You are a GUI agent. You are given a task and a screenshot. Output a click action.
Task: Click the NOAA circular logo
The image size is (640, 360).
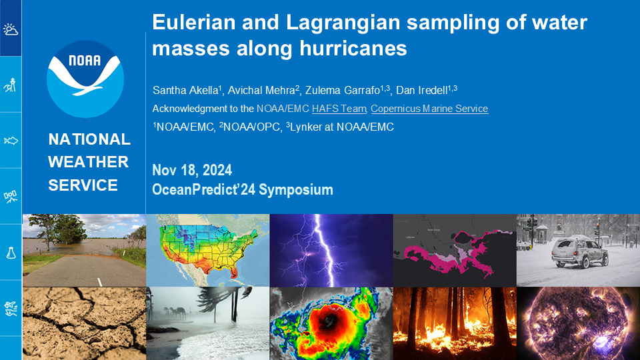[85, 79]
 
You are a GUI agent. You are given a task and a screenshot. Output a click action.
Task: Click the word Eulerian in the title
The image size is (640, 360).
[193, 22]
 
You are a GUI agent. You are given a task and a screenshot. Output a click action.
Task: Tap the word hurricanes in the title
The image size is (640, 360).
[353, 48]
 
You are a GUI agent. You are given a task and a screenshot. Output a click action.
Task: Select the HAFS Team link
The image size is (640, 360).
[339, 109]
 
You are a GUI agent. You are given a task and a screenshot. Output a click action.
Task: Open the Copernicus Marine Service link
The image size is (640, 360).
[429, 109]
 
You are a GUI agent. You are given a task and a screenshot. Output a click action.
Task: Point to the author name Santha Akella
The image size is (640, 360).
[187, 90]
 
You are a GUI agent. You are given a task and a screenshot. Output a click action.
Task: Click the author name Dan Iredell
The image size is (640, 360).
[426, 90]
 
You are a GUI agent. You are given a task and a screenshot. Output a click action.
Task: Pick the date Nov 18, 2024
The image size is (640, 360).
[192, 170]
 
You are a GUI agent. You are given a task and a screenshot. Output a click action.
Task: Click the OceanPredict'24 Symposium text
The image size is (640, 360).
[243, 190]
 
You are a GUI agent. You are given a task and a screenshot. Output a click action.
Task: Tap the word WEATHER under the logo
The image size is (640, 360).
[88, 162]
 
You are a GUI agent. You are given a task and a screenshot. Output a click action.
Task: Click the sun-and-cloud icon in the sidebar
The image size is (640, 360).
[11, 29]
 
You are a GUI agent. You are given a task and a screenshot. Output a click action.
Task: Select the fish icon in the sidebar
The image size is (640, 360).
[11, 141]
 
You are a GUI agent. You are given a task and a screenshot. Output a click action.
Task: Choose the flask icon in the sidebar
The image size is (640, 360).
[11, 253]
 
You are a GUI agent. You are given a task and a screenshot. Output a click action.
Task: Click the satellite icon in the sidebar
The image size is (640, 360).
[11, 197]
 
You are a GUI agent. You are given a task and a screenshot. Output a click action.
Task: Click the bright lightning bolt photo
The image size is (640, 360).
[331, 250]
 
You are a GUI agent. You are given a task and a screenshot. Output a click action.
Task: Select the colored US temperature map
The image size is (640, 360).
[208, 250]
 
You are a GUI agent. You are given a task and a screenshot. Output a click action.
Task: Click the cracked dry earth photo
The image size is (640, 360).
[84, 323]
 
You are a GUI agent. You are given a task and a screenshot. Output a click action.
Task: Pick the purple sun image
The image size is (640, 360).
[578, 323]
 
